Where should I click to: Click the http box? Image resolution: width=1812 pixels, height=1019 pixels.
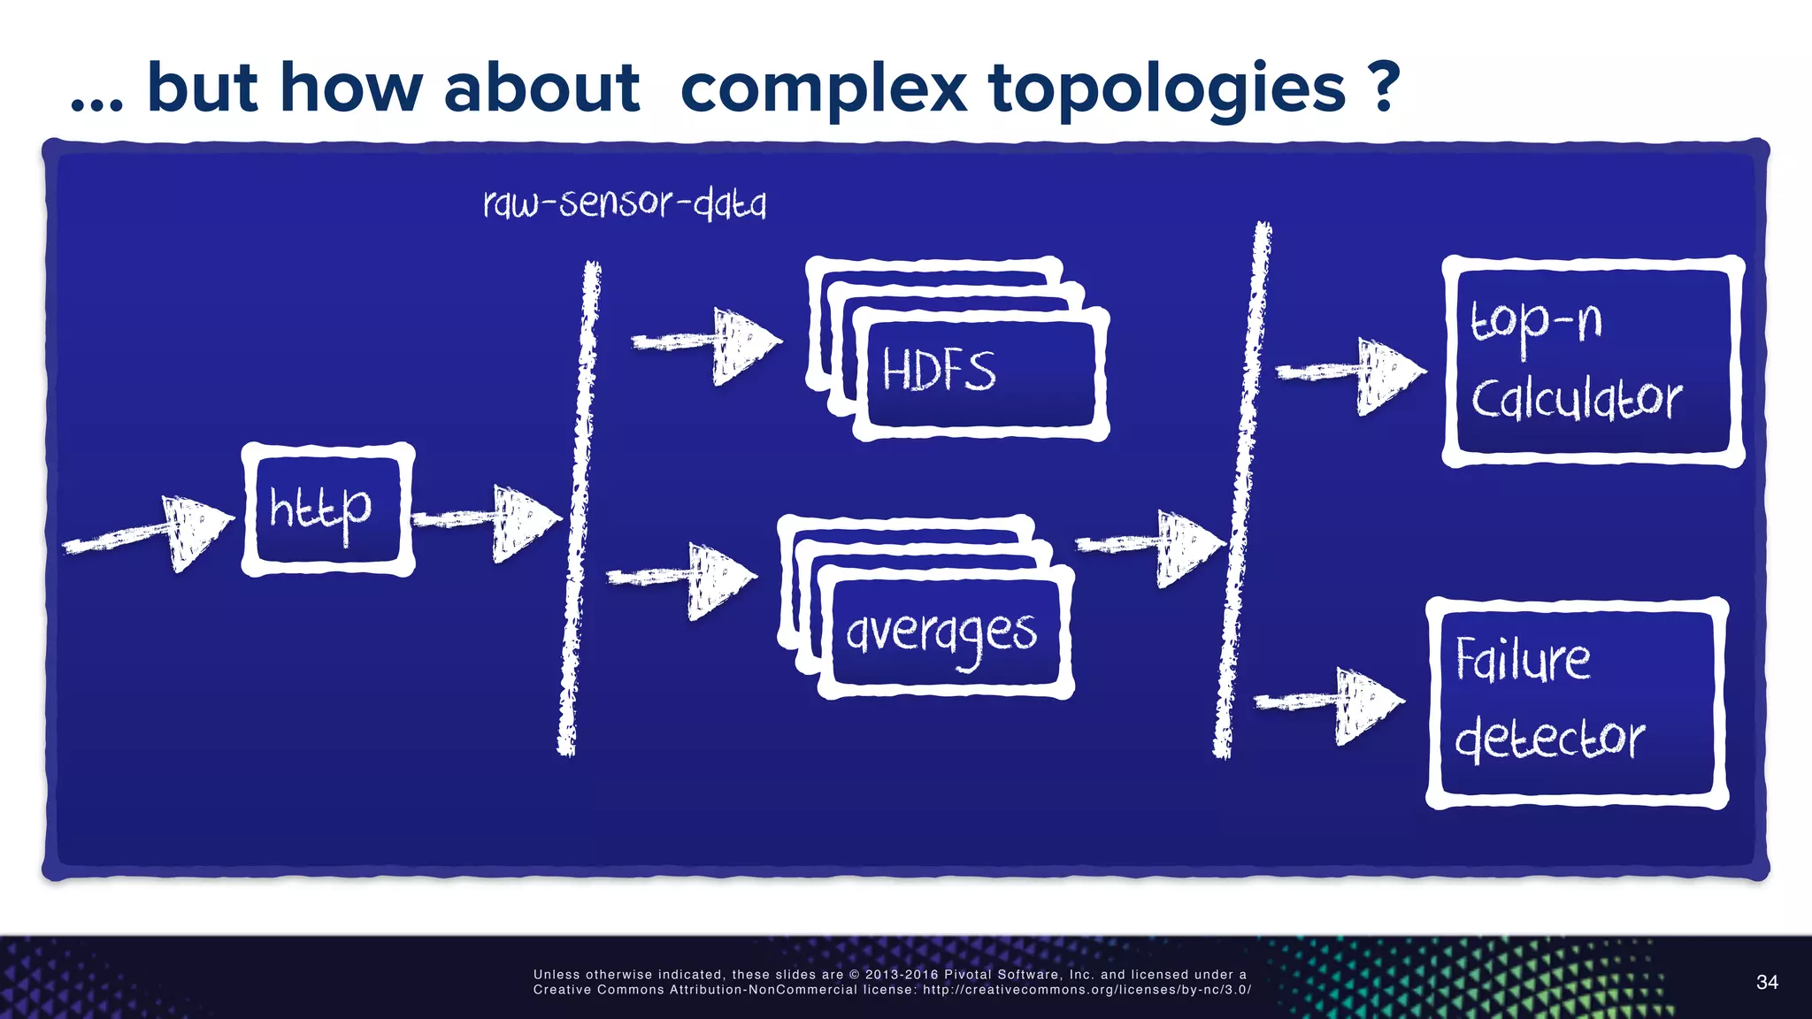327,509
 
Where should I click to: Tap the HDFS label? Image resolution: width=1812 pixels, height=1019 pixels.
939,371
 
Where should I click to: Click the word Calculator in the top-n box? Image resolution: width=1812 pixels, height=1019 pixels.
1577,399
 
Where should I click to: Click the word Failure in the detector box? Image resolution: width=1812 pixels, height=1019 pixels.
1523,660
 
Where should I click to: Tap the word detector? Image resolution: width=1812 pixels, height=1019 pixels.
1549,738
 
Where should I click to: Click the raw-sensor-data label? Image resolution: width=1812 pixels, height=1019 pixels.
625,203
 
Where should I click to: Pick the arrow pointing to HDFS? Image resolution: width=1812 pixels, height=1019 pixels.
708,342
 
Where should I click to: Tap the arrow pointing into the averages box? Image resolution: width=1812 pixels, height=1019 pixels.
683,578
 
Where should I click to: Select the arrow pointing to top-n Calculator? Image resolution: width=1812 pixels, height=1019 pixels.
1352,373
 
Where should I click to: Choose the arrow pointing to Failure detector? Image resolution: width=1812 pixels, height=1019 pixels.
1331,702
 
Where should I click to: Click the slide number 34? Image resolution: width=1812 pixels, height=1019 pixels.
1767,982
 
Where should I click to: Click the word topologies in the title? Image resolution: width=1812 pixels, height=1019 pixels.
1167,88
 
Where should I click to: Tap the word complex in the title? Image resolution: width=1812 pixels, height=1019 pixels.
823,88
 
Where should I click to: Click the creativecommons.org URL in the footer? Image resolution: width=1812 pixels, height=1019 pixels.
1086,990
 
